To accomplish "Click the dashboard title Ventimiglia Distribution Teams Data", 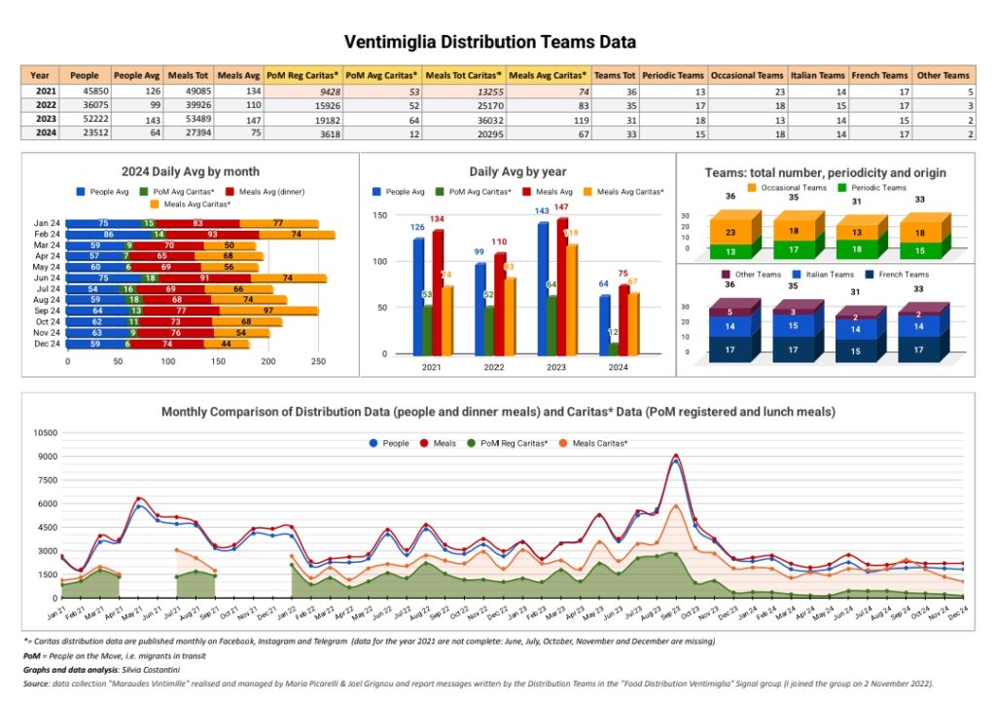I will (490, 42).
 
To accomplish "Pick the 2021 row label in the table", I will (40, 91).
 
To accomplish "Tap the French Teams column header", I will (879, 75).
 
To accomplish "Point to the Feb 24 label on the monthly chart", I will (48, 235).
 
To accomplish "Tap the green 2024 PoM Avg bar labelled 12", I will (613, 348).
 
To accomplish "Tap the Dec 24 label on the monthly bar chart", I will (48, 344).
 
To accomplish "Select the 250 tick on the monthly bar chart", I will (318, 361).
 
